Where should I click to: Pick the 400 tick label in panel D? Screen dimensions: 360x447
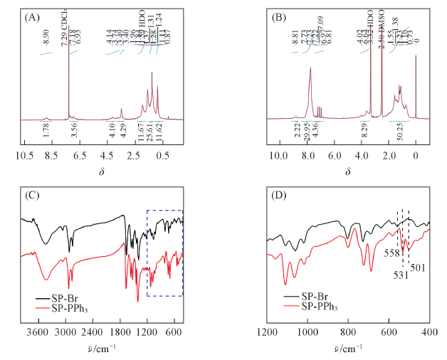[x=430, y=332]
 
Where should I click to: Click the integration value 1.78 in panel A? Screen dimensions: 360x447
[x=46, y=129]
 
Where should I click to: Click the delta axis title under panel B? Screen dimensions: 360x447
[x=348, y=173]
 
